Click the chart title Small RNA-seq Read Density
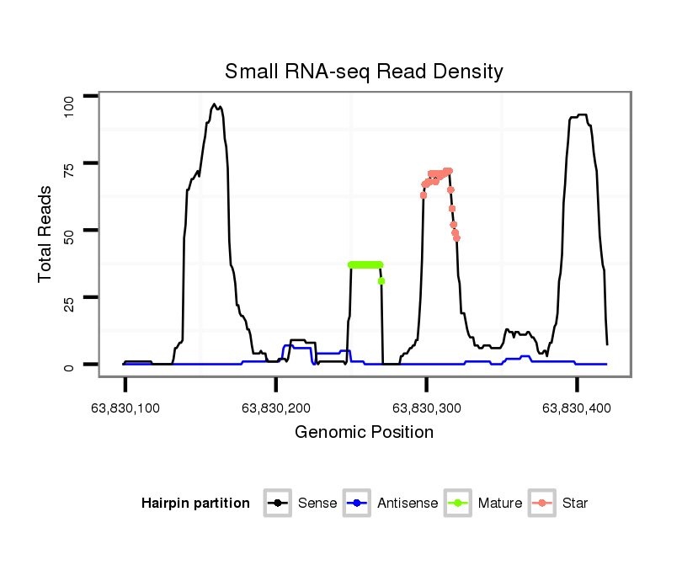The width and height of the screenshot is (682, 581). (364, 72)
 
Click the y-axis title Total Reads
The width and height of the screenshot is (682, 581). (47, 233)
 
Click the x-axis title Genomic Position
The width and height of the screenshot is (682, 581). (364, 433)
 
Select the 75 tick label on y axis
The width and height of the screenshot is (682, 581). (70, 163)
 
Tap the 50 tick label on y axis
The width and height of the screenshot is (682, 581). (70, 231)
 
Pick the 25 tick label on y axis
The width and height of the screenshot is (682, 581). (70, 298)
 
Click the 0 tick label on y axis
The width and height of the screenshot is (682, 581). (70, 365)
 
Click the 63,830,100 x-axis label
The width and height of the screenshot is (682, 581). (125, 408)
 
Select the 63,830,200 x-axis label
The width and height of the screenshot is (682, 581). (276, 408)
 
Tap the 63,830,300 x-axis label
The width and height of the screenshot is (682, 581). (426, 408)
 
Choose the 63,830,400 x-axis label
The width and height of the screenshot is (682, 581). (577, 408)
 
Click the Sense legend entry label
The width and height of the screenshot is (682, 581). (317, 504)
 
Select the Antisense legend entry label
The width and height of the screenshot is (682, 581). (408, 504)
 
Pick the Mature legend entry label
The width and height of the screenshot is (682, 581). (499, 504)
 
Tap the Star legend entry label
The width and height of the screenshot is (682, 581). (574, 504)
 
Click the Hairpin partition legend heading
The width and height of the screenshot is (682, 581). (196, 504)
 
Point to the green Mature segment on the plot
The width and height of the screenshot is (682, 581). (365, 264)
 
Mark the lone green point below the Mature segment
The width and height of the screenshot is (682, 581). (381, 280)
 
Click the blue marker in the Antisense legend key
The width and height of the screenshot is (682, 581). (359, 504)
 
